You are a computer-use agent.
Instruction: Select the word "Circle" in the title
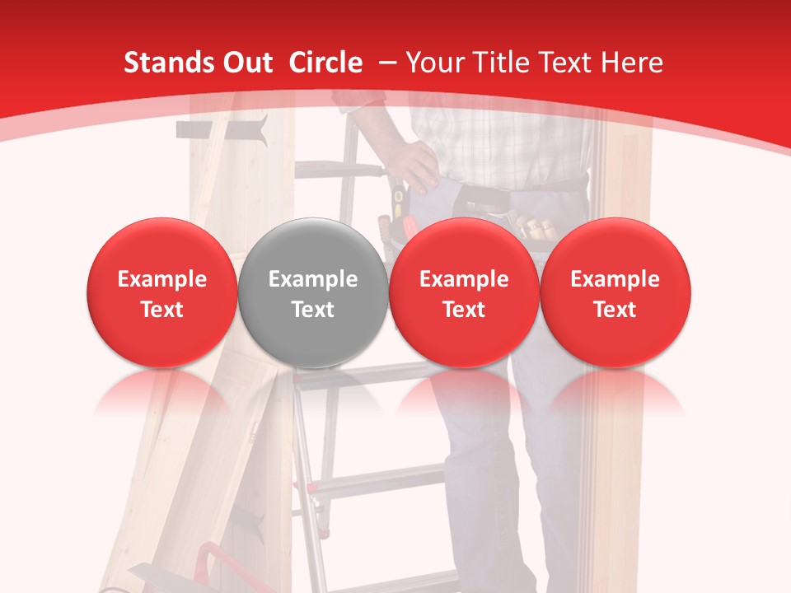click(325, 63)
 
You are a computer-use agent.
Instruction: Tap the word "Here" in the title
click(633, 63)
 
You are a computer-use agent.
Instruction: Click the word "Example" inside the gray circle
click(313, 279)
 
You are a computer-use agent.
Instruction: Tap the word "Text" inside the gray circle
click(313, 310)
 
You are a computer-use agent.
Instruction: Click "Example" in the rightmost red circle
click(615, 279)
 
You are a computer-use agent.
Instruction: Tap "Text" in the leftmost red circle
click(161, 310)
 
